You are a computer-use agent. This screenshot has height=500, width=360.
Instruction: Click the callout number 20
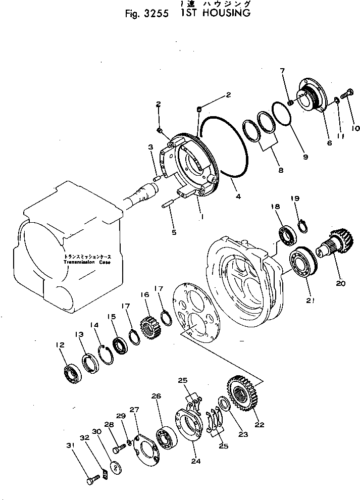(340, 283)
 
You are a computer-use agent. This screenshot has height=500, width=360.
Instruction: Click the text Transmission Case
(86, 263)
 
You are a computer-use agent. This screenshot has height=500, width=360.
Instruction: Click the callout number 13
(79, 335)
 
